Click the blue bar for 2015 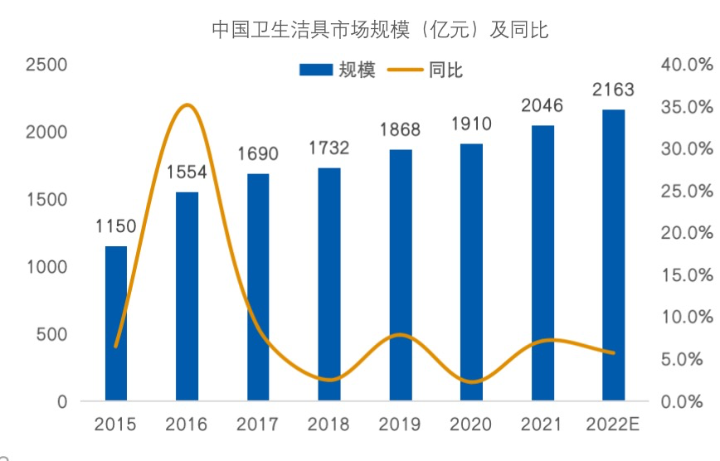point(116,323)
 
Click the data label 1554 point(187,173)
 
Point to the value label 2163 point(613,90)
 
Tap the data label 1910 point(471,124)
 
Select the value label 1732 point(329,148)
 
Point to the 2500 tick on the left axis point(47,65)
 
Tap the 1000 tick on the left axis point(47,267)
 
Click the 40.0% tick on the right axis point(687,65)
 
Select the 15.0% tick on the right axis point(687,275)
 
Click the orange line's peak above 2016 point(187,104)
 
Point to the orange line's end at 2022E point(613,353)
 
